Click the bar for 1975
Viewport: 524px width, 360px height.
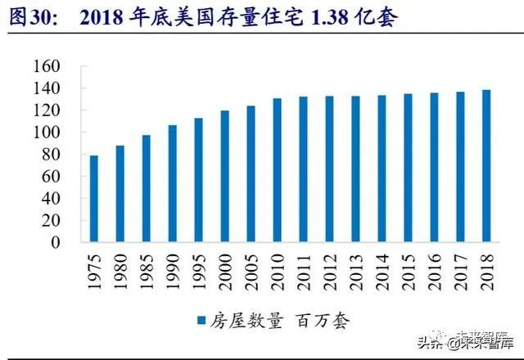tap(94, 199)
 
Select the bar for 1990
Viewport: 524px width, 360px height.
tap(173, 183)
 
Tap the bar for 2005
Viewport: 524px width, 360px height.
tap(251, 173)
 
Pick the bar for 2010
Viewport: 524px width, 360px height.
tap(277, 170)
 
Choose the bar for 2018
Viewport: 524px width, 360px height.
tap(486, 166)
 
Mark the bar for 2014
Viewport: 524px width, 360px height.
tap(382, 169)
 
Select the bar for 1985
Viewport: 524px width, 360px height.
tap(147, 189)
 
